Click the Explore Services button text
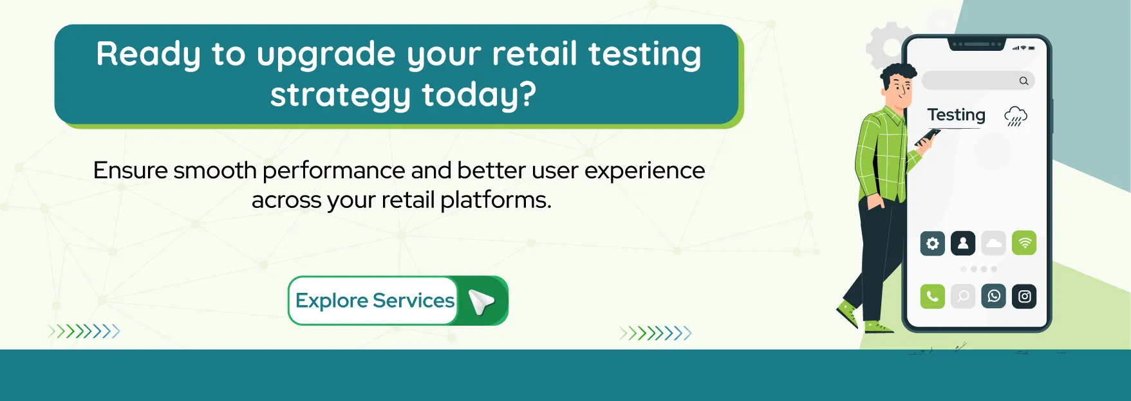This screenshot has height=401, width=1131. coord(375,301)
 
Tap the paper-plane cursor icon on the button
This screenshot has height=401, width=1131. coord(481,301)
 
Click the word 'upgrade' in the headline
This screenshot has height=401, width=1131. coord(326,55)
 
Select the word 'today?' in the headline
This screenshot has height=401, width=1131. coord(479,95)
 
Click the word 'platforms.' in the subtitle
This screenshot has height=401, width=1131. coord(496,200)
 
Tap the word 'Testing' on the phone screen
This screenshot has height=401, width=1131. coord(956,115)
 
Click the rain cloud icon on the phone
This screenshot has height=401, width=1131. coord(1015,117)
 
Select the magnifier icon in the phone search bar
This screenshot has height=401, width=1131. coord(1024,81)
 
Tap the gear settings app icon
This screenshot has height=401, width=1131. coord(932,243)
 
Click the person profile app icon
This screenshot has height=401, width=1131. coord(963,243)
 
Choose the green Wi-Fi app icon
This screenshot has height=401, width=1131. coord(1024,243)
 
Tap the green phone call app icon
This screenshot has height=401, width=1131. coord(932,296)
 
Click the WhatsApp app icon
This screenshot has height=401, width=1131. coord(994,296)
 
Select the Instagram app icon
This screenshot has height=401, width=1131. coord(1024,296)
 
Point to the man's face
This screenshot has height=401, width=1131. coord(899,89)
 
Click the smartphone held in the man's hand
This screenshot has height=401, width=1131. coord(928,137)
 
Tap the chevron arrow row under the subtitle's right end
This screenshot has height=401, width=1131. coord(655,333)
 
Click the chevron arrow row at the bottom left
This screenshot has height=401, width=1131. coord(84,331)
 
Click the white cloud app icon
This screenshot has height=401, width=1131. coord(994,243)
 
